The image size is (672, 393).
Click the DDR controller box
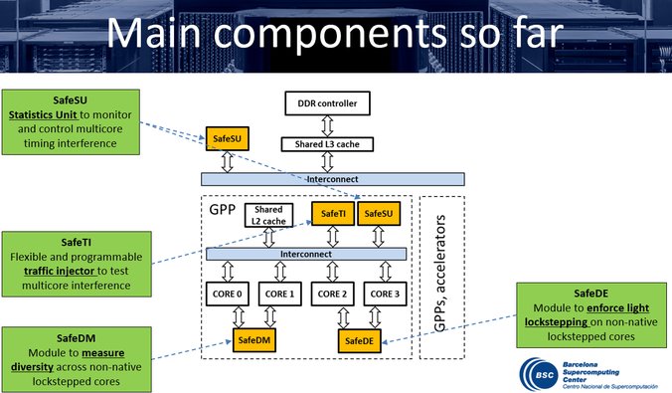coord(327,103)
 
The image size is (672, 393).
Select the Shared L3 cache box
coord(327,144)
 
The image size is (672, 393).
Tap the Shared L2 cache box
coord(268,215)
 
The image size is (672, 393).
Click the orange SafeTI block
coord(333,213)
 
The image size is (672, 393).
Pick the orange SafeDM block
coord(254,340)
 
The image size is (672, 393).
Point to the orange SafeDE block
coord(359,341)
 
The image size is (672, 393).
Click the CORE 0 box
coord(227,294)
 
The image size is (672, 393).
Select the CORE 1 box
coord(280,294)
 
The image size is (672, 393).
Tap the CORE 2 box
coord(333,294)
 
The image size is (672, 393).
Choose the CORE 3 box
coord(385,294)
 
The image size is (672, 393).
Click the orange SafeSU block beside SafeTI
coord(379,213)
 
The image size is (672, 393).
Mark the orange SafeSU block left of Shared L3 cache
coord(227,138)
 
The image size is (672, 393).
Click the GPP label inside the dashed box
coord(223,209)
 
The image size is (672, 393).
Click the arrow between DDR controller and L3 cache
coord(327,126)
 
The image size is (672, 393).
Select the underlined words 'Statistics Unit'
coord(43,114)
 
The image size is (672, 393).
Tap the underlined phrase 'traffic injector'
coord(59,272)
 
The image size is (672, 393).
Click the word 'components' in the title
coord(330,34)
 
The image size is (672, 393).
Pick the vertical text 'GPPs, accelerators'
coord(440,274)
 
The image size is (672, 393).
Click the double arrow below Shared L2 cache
coord(268,237)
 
